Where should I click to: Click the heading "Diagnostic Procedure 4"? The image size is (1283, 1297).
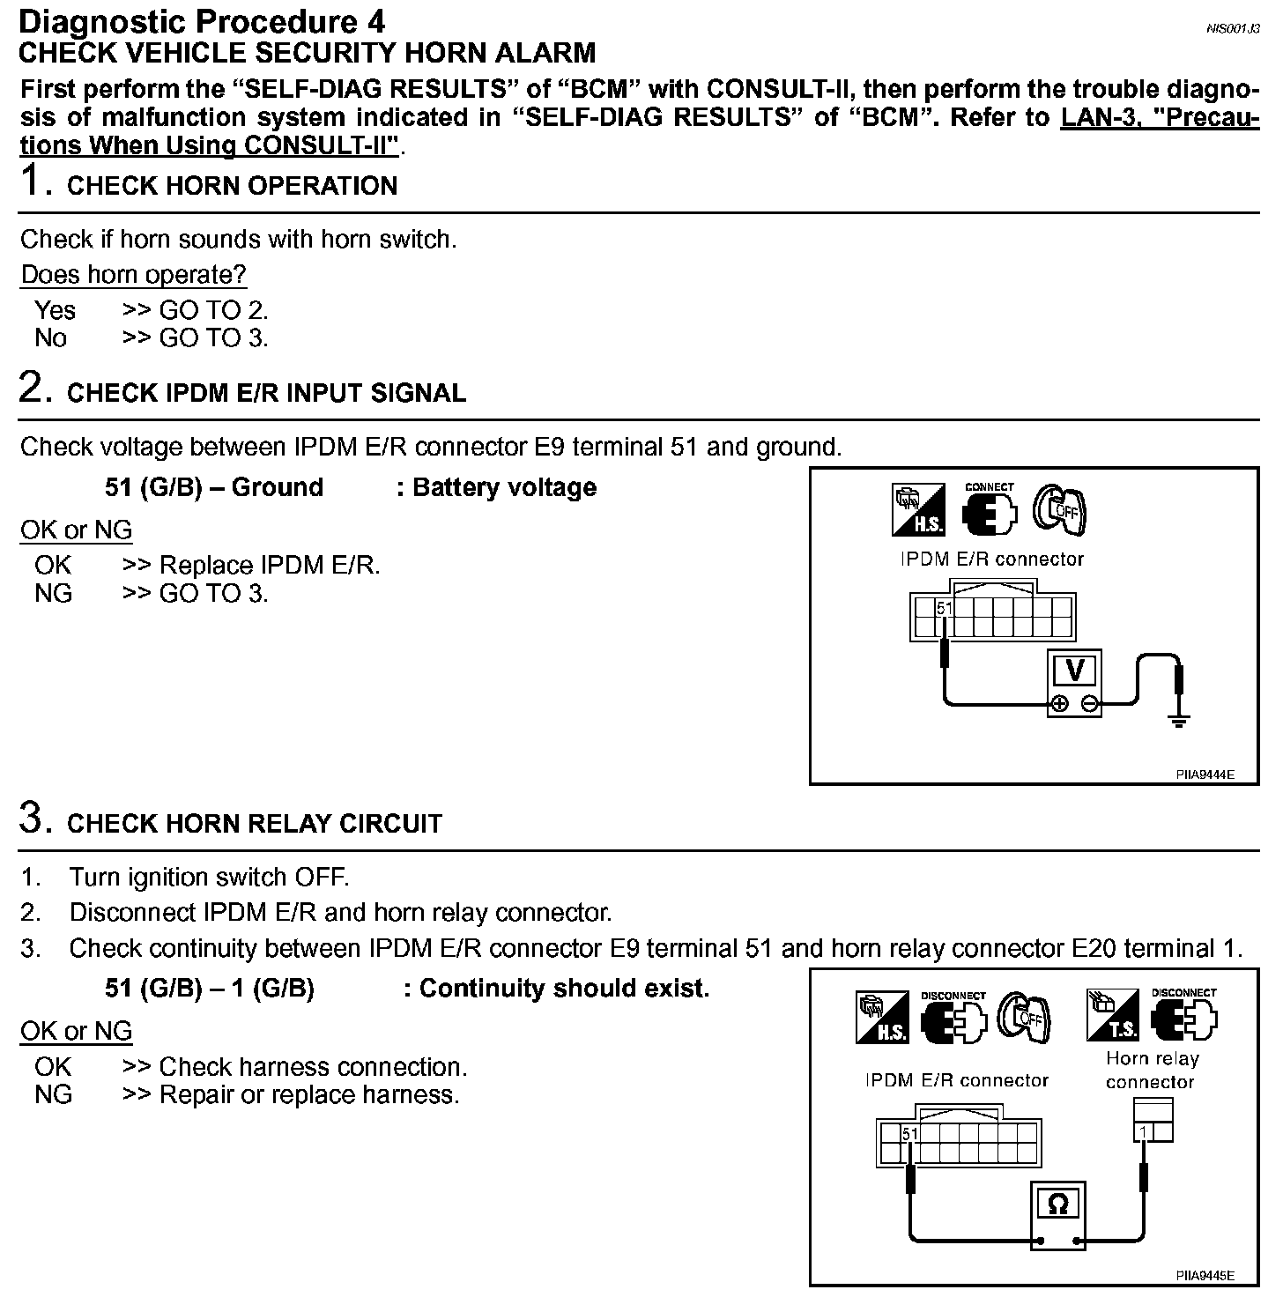coord(202,20)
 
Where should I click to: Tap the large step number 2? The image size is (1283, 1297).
coord(31,388)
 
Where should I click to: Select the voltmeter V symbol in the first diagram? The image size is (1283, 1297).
coord(1074,671)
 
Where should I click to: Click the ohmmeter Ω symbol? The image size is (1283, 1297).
coord(1059,1204)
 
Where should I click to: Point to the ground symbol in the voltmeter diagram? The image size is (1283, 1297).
coord(1178,722)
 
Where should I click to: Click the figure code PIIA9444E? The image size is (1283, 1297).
coord(1205,774)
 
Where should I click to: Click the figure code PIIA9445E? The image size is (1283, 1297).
coord(1205,1275)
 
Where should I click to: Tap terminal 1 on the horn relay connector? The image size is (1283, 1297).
coord(1143,1133)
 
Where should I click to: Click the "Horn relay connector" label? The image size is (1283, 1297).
coord(1152,1070)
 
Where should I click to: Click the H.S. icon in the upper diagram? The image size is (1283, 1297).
coord(917,509)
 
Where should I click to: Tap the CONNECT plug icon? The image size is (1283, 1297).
coord(989,510)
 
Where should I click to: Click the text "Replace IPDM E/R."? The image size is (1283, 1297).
coord(270,565)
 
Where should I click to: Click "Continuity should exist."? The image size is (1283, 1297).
coord(564,988)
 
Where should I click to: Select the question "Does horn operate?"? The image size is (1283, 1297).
coord(133,275)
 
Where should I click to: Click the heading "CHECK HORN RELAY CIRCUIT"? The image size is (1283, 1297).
coord(255,823)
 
